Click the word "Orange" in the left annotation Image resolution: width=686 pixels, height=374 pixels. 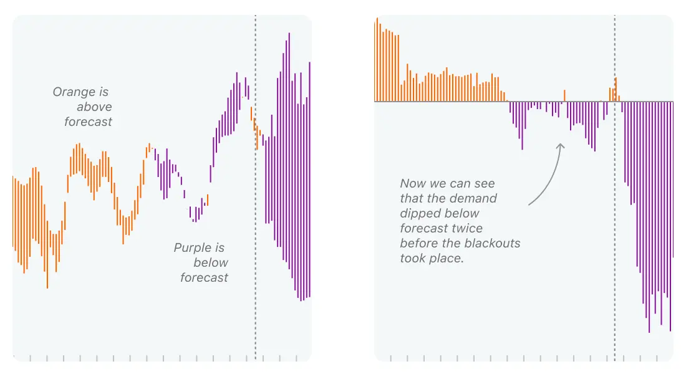click(71, 92)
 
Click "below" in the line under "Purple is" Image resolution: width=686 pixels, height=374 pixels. click(211, 262)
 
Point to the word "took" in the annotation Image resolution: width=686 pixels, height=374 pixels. click(413, 257)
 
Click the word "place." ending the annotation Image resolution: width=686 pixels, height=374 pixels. click(448, 257)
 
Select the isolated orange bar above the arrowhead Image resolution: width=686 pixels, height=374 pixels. click(564, 95)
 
